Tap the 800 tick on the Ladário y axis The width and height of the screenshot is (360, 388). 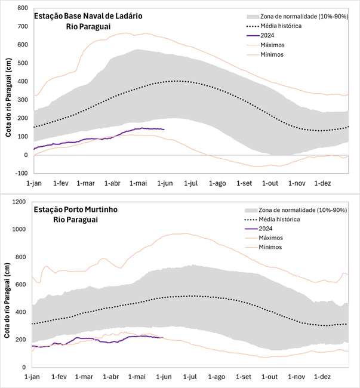pyautogui.click(x=23, y=8)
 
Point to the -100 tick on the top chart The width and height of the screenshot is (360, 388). pyautogui.click(x=22, y=173)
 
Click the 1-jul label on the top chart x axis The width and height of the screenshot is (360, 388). pyautogui.click(x=192, y=183)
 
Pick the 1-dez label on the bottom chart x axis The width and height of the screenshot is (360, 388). pyautogui.click(x=322, y=377)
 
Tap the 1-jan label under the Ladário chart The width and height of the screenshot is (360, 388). pyautogui.click(x=33, y=183)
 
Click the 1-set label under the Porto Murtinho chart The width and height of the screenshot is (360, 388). pyautogui.click(x=244, y=377)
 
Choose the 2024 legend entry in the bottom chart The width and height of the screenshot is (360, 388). pyautogui.click(x=267, y=228)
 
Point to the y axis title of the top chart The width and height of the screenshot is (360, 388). pyautogui.click(x=8, y=98)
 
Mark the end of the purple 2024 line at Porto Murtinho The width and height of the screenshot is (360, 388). pyautogui.click(x=164, y=338)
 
